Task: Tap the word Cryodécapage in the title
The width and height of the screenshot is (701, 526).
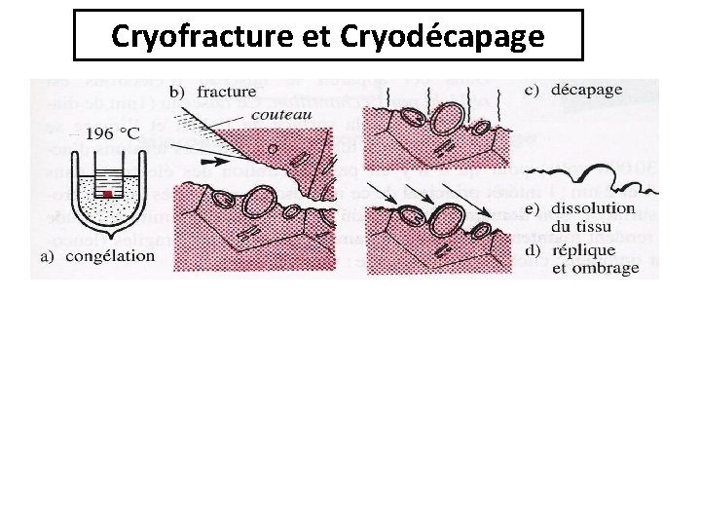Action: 443,36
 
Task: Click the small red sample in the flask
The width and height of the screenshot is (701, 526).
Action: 109,194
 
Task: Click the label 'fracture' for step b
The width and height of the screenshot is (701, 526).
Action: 225,92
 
